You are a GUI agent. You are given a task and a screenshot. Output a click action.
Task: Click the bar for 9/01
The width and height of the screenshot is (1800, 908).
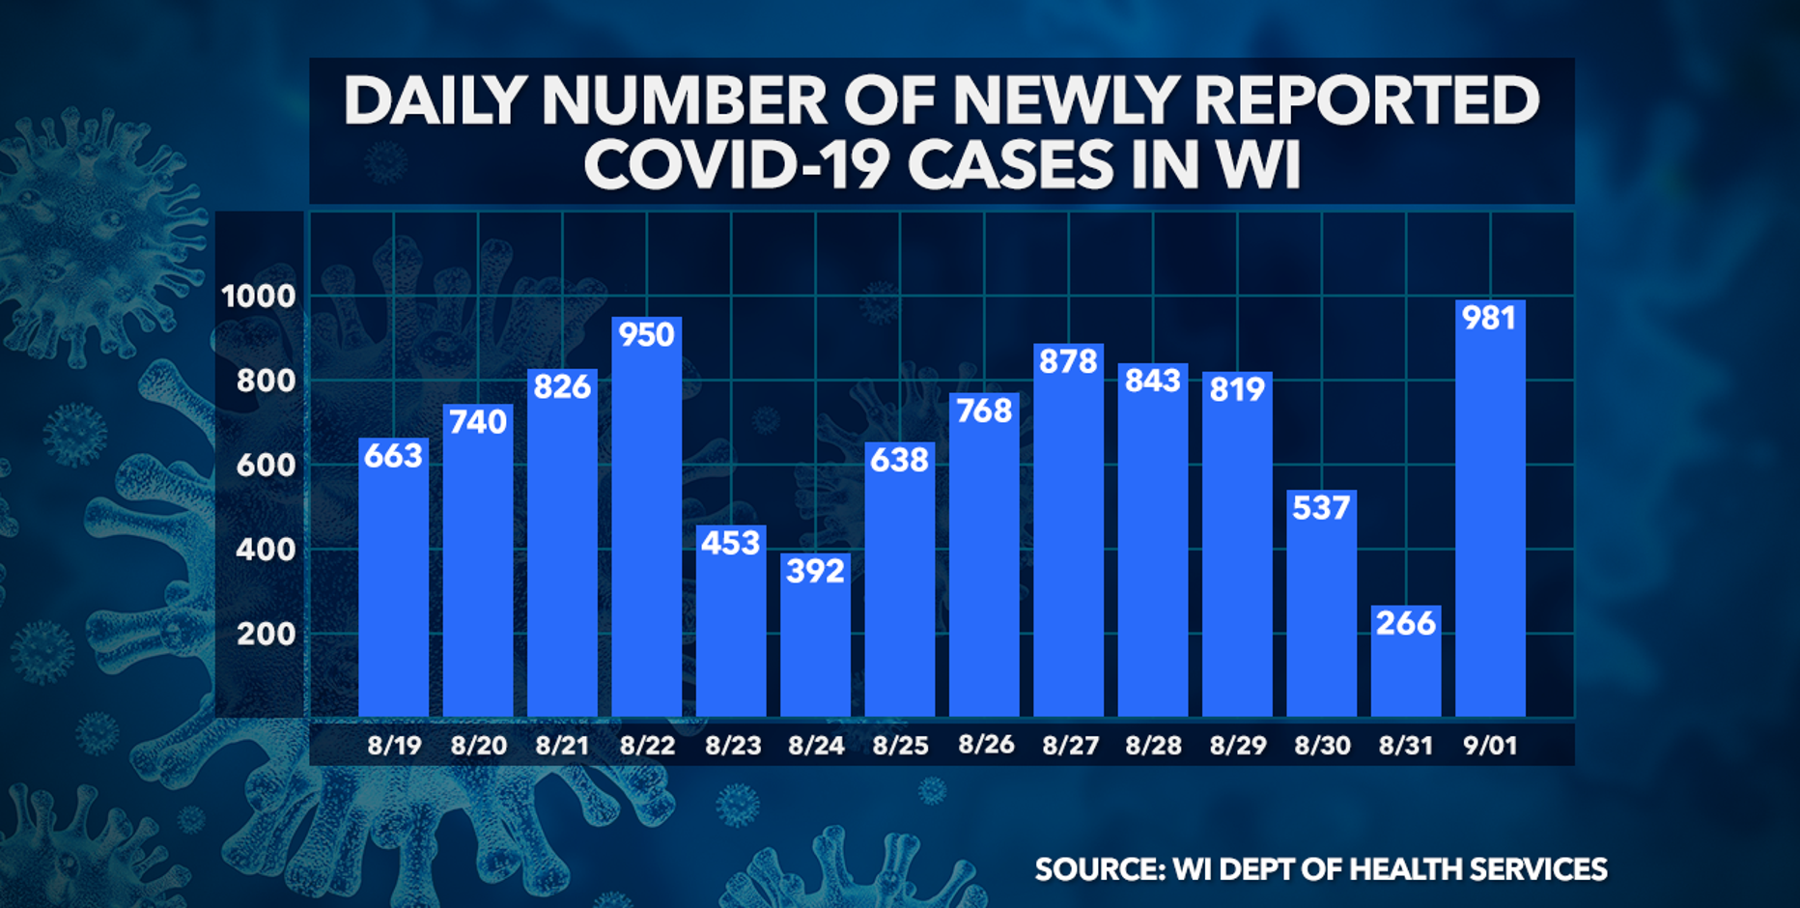pos(1490,522)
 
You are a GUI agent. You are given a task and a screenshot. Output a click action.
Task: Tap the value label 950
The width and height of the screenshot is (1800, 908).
pos(646,335)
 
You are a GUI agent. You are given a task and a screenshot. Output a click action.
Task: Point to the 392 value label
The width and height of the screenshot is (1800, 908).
pos(815,571)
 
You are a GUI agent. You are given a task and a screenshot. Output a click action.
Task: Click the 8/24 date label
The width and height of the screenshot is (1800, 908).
pos(816,746)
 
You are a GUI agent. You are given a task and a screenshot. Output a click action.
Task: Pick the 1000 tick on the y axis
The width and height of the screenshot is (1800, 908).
pos(258,296)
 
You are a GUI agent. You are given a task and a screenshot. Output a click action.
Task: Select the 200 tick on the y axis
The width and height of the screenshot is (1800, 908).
pos(266,634)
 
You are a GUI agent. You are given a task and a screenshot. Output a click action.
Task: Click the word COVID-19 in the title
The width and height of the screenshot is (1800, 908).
pos(736,164)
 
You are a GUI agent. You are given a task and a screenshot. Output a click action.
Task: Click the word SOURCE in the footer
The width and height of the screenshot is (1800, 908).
pos(1098,869)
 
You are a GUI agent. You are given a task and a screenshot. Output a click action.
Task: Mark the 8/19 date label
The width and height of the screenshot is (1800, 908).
pos(394,746)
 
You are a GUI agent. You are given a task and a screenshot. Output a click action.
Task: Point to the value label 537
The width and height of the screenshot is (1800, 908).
pos(1321,508)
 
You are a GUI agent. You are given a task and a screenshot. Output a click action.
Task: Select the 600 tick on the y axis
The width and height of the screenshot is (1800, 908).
pos(266,465)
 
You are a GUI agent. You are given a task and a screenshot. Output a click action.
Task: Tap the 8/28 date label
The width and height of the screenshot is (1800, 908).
pos(1153,746)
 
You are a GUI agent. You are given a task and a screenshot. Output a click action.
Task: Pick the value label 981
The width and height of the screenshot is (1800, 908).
pos(1490,318)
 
